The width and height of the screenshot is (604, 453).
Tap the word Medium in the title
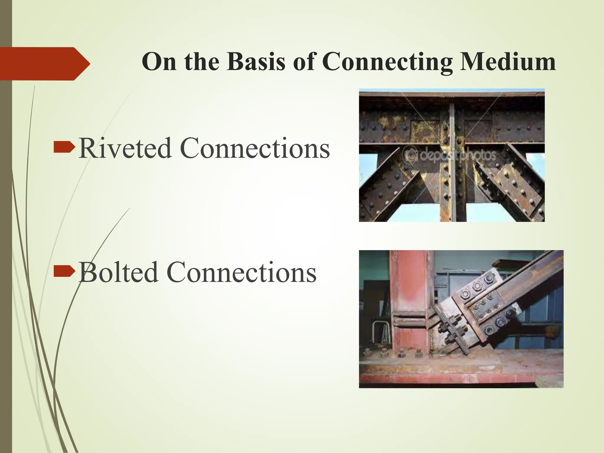[508, 62]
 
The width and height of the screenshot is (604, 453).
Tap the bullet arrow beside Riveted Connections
[64, 147]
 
